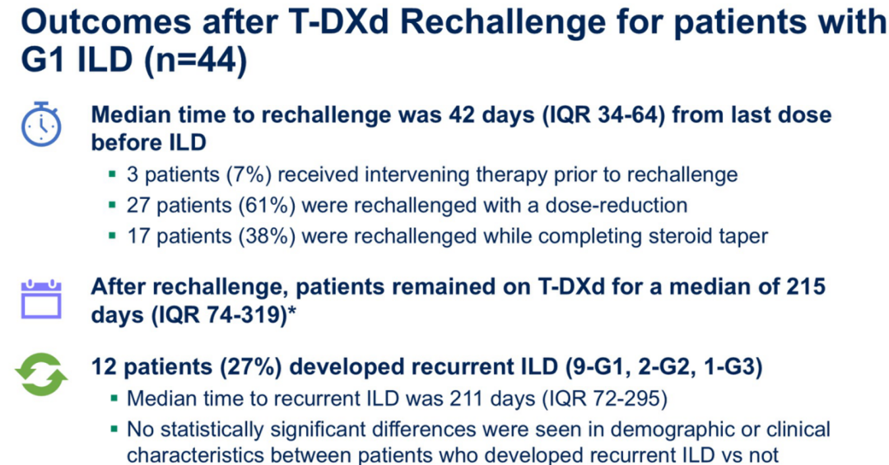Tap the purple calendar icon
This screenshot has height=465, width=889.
[x=41, y=299]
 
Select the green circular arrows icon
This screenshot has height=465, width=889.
[x=41, y=374]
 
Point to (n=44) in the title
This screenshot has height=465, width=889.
[x=195, y=59]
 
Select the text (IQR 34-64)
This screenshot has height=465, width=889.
[x=603, y=115]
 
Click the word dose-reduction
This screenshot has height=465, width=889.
[x=617, y=205]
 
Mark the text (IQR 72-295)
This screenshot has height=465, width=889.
[x=604, y=398]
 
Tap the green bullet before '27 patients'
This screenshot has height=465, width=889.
[x=114, y=205]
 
